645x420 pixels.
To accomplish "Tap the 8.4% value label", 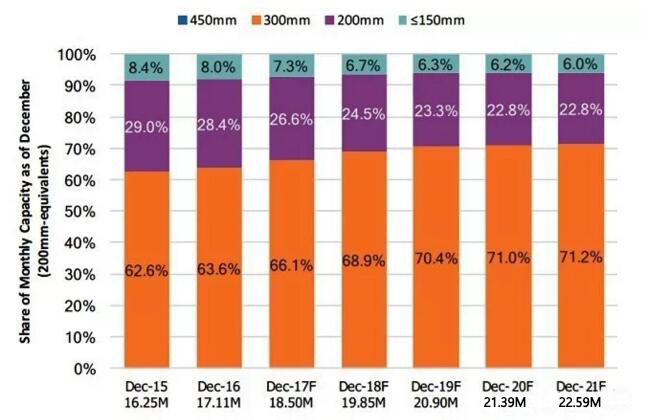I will (146, 68).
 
